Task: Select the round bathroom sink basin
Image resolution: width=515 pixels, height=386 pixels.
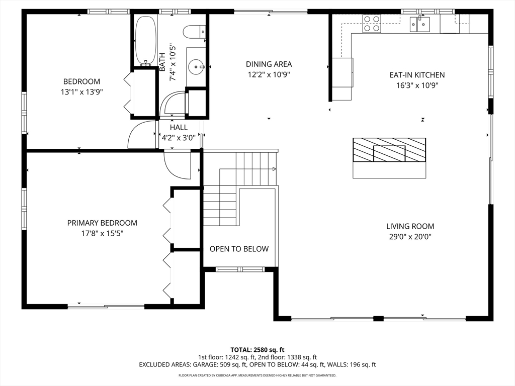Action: point(196,67)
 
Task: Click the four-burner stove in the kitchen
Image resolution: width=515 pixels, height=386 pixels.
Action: point(372,24)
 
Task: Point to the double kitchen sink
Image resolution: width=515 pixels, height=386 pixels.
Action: point(420,24)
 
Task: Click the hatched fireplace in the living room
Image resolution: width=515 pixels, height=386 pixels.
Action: point(389,150)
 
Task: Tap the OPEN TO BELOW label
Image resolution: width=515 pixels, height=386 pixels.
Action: point(239,249)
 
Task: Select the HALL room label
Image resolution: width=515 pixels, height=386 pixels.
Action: point(179,127)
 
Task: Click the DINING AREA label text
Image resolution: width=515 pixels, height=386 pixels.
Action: point(269,64)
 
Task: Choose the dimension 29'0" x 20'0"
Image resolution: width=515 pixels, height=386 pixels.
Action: point(410,237)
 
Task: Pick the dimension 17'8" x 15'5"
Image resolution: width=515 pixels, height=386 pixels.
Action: point(102,233)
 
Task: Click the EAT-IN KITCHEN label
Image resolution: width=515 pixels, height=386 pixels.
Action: point(417,75)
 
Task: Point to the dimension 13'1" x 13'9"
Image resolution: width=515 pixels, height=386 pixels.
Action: point(82,92)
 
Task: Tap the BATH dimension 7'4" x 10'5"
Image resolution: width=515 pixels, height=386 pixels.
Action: point(173,62)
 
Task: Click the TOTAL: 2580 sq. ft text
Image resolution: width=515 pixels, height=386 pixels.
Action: point(257,350)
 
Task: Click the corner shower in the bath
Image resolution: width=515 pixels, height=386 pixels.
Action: point(173,104)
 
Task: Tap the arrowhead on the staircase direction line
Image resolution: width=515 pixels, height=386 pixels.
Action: point(274,169)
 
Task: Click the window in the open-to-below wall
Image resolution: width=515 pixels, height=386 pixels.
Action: point(240,269)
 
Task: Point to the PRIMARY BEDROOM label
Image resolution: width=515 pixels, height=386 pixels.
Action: point(102,223)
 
